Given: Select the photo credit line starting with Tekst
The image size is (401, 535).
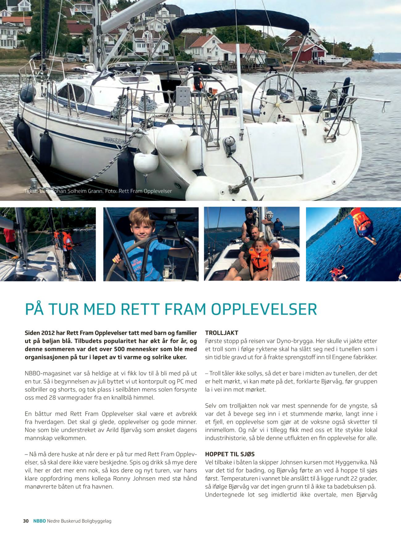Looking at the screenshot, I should (98, 191).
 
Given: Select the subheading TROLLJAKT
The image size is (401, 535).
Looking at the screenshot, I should (221, 333).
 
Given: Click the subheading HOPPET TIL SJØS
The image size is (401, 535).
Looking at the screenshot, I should (229, 454).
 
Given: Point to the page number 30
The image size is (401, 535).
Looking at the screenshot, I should (26, 521).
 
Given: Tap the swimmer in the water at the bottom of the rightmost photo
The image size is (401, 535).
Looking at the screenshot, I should (337, 271).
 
